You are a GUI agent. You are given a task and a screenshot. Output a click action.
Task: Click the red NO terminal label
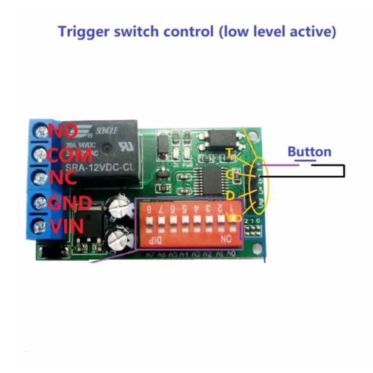tap(62, 131)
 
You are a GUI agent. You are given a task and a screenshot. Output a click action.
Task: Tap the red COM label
tap(70, 155)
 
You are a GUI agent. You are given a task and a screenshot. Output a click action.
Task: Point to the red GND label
tap(69, 203)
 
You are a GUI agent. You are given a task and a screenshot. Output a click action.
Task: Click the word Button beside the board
tap(309, 152)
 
